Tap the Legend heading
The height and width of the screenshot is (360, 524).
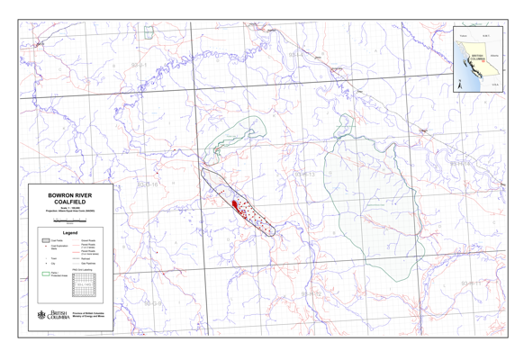70,232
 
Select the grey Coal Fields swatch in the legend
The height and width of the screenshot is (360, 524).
45,241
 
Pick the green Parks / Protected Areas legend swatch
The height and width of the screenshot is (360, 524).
45,274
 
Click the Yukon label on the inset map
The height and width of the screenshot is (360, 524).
463,36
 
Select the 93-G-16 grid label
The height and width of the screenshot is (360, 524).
148,184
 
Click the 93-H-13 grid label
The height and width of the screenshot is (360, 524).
304,173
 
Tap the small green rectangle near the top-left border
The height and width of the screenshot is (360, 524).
149,31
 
